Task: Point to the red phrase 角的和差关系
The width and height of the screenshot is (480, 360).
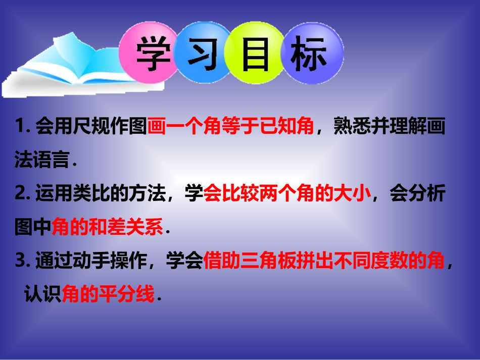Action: (x=108, y=228)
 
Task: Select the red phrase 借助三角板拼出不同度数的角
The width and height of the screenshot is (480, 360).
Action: (x=324, y=262)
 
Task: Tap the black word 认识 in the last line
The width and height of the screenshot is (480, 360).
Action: (x=43, y=294)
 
